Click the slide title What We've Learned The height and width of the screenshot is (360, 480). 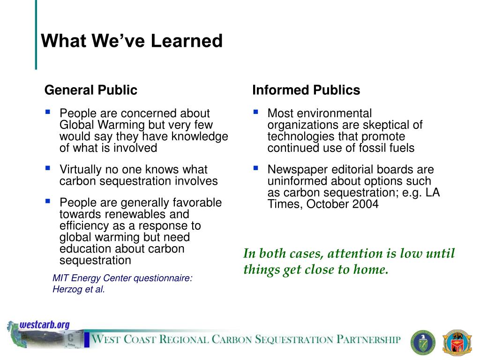(132, 41)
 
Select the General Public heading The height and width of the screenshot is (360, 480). (91, 90)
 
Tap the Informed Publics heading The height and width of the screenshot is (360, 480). (306, 90)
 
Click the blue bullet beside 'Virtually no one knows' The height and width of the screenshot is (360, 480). (48, 168)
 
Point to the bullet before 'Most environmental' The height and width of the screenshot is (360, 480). (256, 112)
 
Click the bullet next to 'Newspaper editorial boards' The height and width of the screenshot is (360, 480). (256, 168)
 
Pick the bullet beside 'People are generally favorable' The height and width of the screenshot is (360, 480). (48, 201)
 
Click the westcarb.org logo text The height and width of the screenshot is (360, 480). (45, 325)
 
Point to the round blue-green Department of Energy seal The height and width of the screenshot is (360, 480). (423, 343)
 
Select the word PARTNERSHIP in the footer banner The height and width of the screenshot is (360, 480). (368, 339)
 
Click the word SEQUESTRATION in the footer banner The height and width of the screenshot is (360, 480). (294, 340)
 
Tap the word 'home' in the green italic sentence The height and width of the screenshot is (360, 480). (371, 270)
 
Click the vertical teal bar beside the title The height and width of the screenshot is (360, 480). (36, 35)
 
